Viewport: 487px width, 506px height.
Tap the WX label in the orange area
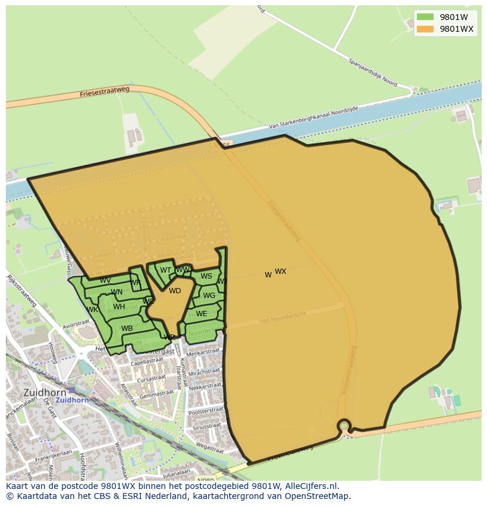click(x=281, y=272)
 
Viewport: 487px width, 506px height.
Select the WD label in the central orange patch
click(x=175, y=291)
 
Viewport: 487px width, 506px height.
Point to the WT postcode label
click(x=166, y=271)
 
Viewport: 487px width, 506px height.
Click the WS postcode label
click(x=206, y=276)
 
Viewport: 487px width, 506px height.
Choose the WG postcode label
click(x=209, y=296)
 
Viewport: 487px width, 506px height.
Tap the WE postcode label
click(x=201, y=314)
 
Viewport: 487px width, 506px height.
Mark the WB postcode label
click(x=126, y=329)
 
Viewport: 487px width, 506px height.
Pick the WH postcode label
click(x=119, y=307)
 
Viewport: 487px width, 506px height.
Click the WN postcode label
click(x=116, y=292)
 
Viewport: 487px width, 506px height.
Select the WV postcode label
click(x=105, y=280)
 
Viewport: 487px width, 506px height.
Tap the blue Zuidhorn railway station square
click(x=72, y=390)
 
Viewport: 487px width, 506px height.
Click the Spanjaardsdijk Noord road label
click(x=373, y=73)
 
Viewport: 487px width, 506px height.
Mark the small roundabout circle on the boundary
click(x=344, y=425)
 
